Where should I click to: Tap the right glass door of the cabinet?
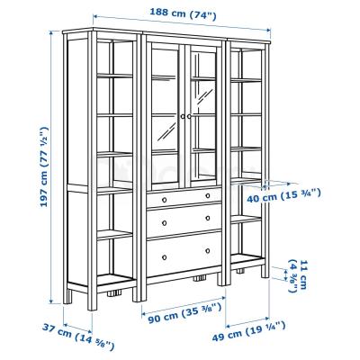[x=202, y=117]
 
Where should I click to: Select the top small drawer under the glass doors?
[x=184, y=195]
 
